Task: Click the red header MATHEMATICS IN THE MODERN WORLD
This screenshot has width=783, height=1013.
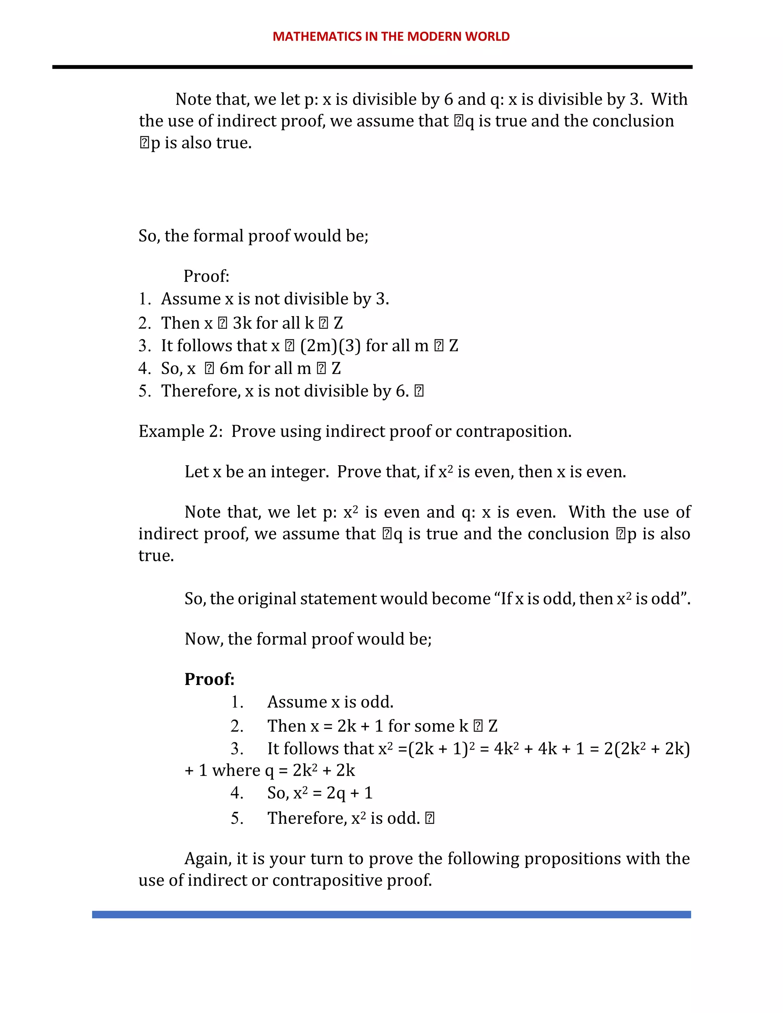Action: tap(391, 37)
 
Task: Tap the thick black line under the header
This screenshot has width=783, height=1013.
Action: tap(372, 67)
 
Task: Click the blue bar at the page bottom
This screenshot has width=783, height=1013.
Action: tap(391, 914)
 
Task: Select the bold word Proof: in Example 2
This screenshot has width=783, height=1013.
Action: tap(209, 679)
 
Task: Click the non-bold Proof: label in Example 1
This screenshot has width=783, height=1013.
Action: tap(206, 276)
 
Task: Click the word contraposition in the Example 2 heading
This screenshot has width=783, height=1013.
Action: tap(513, 431)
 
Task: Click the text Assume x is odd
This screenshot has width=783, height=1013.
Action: tap(330, 702)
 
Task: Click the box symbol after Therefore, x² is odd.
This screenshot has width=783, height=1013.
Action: tap(429, 818)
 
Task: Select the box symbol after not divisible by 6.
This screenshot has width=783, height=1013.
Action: tap(419, 391)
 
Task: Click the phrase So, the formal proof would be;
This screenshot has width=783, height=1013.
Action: tap(253, 236)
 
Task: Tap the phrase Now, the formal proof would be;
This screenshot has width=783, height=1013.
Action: tap(308, 639)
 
